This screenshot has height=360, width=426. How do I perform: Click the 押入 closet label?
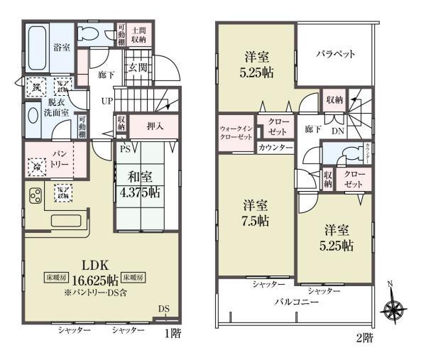153,126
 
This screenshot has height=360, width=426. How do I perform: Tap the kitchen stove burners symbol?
35,195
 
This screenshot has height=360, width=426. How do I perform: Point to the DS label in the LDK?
164,307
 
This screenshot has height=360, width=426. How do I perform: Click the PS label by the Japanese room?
124,149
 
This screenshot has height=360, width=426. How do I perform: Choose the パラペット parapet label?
335,54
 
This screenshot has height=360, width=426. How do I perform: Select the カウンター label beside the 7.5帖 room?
275,147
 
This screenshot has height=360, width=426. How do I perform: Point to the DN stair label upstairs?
339,131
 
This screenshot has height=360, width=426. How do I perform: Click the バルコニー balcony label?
297,301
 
